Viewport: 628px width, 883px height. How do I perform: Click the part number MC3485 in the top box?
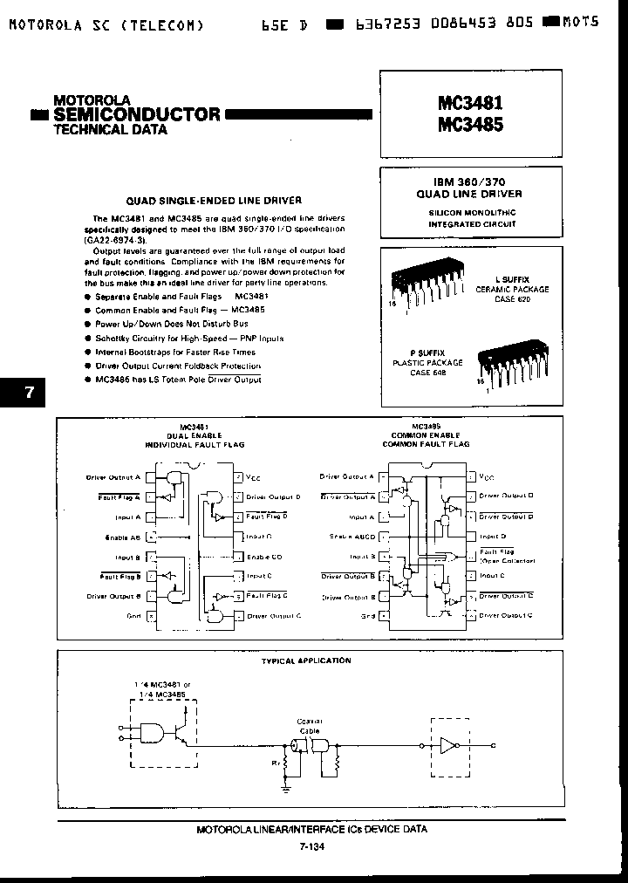[469, 125]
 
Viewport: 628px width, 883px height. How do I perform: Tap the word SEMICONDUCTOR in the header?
[137, 114]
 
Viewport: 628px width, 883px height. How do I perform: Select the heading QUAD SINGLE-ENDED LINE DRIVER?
[192, 200]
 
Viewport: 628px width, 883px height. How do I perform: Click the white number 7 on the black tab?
[29, 392]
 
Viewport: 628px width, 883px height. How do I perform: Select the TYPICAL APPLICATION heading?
[306, 661]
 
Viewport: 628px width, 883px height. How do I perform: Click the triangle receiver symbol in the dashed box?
[448, 745]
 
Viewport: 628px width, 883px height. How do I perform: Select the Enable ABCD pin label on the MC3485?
[352, 537]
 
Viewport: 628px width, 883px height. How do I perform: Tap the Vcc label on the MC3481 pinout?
[253, 477]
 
